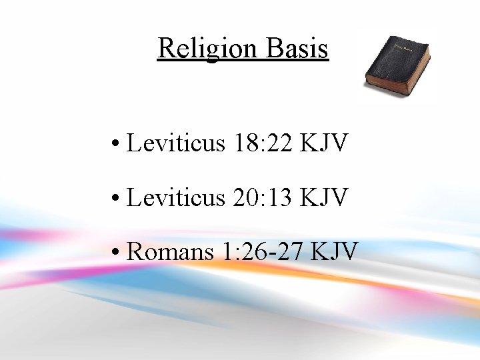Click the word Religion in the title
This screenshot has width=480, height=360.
(x=198, y=48)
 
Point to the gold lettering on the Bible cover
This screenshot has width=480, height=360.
(x=403, y=47)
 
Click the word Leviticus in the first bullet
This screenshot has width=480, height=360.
(x=176, y=143)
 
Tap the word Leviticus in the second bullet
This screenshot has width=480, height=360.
(x=176, y=197)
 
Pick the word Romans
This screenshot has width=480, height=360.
(x=167, y=252)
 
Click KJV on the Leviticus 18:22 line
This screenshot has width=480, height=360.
(x=325, y=143)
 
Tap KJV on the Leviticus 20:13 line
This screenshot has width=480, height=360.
(x=325, y=197)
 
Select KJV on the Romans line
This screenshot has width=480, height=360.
(x=335, y=252)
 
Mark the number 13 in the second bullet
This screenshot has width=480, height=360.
(x=283, y=197)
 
